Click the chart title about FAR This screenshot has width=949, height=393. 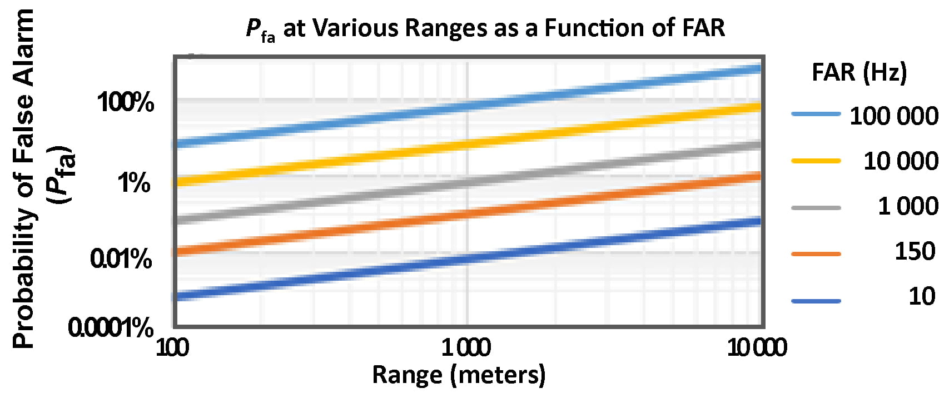pyautogui.click(x=485, y=28)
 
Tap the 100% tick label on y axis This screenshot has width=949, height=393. pyautogui.click(x=126, y=102)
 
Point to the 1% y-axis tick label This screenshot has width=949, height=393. pyautogui.click(x=134, y=182)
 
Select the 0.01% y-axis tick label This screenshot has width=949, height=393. pyautogui.click(x=121, y=258)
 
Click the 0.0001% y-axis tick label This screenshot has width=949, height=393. pyautogui.click(x=110, y=327)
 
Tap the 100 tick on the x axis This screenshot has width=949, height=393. pyautogui.click(x=172, y=348)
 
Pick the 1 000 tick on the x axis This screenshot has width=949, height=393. pyautogui.click(x=466, y=348)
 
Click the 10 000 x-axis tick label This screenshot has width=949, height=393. pyautogui.click(x=757, y=348)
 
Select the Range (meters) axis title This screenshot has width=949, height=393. pyautogui.click(x=459, y=375)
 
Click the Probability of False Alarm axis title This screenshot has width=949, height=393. pyautogui.click(x=23, y=178)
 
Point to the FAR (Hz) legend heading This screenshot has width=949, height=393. pyautogui.click(x=859, y=72)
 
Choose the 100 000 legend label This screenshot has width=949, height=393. pyautogui.click(x=893, y=116)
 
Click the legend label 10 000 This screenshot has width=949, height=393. pyautogui.click(x=901, y=161)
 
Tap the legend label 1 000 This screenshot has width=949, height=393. pyautogui.click(x=908, y=206)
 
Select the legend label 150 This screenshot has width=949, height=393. pyautogui.click(x=915, y=252)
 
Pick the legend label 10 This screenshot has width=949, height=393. pyautogui.click(x=922, y=296)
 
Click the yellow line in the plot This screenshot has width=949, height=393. pyautogui.click(x=467, y=145)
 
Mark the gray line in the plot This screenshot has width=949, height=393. pyautogui.click(x=467, y=182)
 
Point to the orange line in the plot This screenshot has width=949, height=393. pyautogui.click(x=467, y=214)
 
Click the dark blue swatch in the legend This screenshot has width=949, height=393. pyautogui.click(x=816, y=301)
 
